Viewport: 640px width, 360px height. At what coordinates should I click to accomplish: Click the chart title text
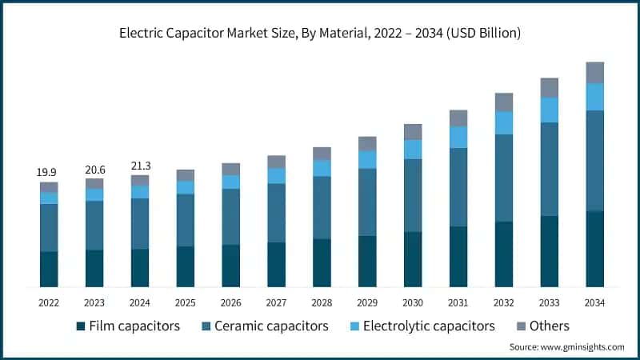click(x=320, y=33)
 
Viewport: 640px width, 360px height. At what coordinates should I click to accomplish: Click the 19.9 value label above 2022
click(x=49, y=172)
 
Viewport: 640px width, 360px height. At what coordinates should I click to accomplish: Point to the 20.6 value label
click(x=94, y=170)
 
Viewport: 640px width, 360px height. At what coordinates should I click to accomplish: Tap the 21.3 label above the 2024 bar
click(x=140, y=166)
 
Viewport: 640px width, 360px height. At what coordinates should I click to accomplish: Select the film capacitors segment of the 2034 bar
click(x=595, y=249)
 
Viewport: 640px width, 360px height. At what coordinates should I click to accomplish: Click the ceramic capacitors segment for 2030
click(x=413, y=195)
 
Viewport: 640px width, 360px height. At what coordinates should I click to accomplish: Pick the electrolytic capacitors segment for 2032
click(x=504, y=122)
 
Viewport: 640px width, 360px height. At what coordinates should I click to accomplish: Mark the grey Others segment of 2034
click(x=595, y=72)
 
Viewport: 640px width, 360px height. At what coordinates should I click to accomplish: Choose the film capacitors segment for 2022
click(x=49, y=269)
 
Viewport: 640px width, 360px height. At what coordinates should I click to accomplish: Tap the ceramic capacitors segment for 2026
click(x=230, y=217)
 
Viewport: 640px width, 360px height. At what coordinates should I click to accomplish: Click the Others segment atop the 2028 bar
click(x=322, y=154)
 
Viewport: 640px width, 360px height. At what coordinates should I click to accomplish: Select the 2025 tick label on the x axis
click(x=185, y=302)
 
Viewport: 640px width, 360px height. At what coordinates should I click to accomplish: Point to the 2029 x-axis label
click(x=367, y=302)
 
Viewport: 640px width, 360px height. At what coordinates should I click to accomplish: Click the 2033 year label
click(x=550, y=302)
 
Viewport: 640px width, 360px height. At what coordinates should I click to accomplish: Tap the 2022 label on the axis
click(x=49, y=302)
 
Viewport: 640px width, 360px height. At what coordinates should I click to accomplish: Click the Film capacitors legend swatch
click(x=81, y=326)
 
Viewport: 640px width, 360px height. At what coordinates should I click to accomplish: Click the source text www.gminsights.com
click(x=566, y=346)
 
